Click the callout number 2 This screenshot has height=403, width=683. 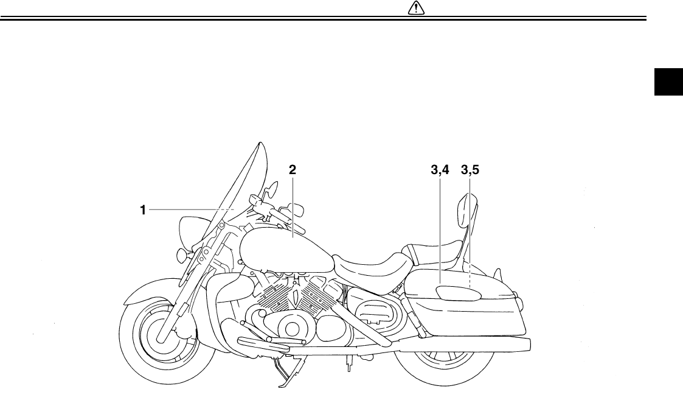click(x=293, y=170)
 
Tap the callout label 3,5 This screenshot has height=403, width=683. click(x=470, y=170)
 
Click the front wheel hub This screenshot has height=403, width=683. click(x=158, y=334)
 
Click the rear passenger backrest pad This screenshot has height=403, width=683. click(x=468, y=213)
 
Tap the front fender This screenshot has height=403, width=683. click(x=146, y=298)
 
